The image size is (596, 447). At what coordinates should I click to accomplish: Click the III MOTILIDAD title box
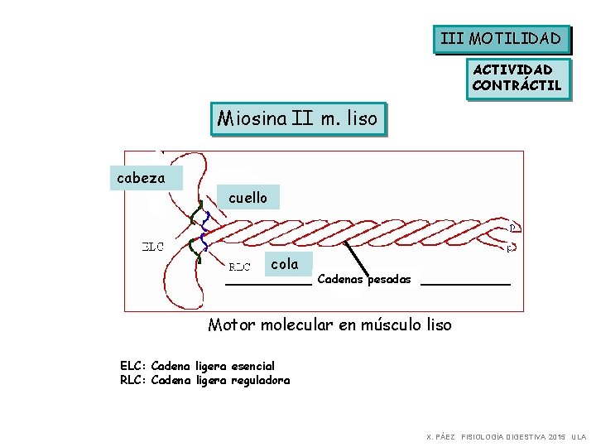pos(502,38)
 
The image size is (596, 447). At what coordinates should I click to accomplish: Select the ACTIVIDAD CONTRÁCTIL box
pos(517,78)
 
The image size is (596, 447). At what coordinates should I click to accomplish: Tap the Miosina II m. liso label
pos(297,119)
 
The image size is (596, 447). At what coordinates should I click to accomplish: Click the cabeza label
pos(141,177)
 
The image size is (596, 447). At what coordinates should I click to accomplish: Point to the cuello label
pos(248,197)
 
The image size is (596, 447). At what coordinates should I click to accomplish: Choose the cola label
pos(285,264)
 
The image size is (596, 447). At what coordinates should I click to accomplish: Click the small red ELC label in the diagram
pos(153,246)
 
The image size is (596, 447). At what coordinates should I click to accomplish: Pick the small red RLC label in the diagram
pos(239,267)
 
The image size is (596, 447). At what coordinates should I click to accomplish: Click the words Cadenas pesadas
pos(364,279)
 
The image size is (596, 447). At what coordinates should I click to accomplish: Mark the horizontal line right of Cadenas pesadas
pos(466,284)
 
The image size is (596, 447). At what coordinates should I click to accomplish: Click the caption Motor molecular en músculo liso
pos(329,324)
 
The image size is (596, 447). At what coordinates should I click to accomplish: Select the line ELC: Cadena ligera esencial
pos(198,366)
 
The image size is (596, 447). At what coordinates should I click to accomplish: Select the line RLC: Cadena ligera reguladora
pos(205,380)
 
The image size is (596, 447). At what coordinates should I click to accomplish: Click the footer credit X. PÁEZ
pos(440,435)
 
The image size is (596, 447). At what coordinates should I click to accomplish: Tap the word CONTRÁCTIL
pos(517,85)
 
